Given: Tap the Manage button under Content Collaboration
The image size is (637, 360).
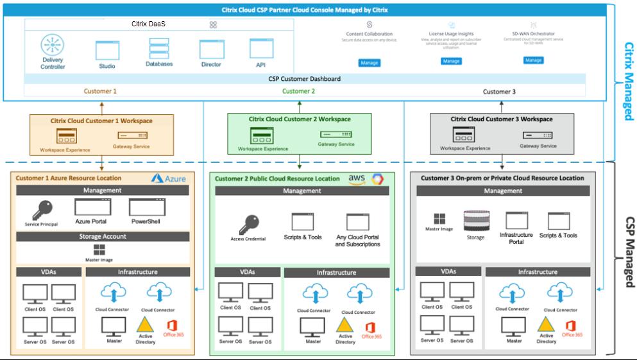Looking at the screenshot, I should (369, 63).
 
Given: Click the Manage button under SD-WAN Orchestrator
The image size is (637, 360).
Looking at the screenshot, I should (533, 60).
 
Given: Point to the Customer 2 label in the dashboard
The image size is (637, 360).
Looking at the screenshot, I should (298, 91).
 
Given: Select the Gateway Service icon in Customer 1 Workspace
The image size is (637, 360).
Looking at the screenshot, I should (132, 135).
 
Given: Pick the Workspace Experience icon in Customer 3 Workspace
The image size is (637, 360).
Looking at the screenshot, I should (464, 135).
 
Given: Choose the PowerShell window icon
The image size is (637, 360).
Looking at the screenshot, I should (144, 207).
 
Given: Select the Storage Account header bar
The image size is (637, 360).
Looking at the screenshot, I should (103, 236).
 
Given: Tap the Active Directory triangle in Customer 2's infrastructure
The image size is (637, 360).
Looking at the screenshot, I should (345, 325).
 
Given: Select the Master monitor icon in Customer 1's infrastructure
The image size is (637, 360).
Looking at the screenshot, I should (115, 326).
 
